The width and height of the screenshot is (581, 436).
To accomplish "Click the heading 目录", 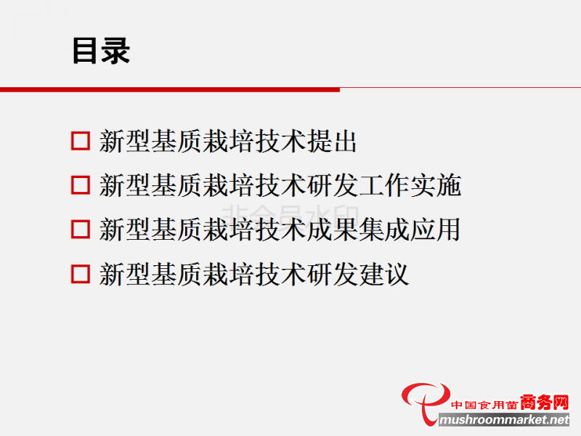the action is click(101, 51).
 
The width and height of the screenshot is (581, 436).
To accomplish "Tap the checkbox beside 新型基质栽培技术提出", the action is click(81, 141).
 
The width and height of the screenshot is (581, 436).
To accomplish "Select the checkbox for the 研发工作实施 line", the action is click(81, 185).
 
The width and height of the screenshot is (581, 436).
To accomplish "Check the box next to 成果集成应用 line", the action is click(81, 230).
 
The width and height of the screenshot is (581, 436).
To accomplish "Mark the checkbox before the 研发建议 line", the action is click(81, 274).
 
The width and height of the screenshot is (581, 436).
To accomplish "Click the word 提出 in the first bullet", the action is click(332, 141).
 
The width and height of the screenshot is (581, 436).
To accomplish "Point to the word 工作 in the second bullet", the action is click(384, 185).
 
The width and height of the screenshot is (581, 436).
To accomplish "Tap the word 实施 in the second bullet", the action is click(436, 185).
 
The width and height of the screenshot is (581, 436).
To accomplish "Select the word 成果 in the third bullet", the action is click(332, 230).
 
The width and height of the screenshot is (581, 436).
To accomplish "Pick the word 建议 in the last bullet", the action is click(384, 275).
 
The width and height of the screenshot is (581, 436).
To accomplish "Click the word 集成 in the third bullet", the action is click(384, 230).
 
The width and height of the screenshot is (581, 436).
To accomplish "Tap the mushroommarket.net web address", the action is click(504, 420).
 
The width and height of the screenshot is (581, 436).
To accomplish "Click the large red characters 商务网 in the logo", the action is click(544, 403).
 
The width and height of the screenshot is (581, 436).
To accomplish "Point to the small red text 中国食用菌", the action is click(484, 405).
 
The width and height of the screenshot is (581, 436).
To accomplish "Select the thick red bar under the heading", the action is click(170, 89).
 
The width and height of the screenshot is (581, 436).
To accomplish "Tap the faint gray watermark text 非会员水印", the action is click(290, 216).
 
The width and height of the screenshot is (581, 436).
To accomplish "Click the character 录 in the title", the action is click(115, 51).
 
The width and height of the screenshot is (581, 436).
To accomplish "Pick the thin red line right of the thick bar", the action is click(460, 88).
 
